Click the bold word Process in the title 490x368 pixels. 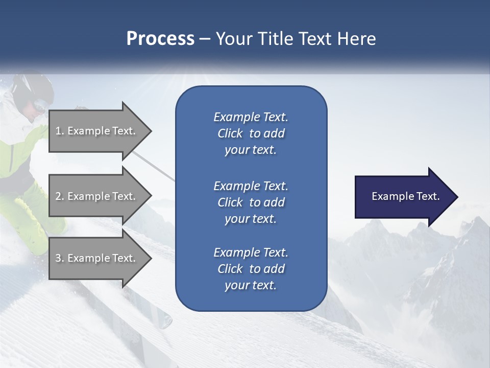(x=160, y=38)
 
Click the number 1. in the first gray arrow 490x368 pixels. (x=59, y=131)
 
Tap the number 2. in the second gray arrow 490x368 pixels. (x=60, y=196)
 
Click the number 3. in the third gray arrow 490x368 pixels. (x=60, y=258)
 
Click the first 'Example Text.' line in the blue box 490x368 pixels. (x=251, y=117)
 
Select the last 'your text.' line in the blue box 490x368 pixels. (x=251, y=286)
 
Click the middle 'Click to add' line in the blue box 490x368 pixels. (x=251, y=202)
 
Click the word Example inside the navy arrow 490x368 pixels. (x=389, y=196)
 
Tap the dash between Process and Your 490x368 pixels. (x=205, y=39)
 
